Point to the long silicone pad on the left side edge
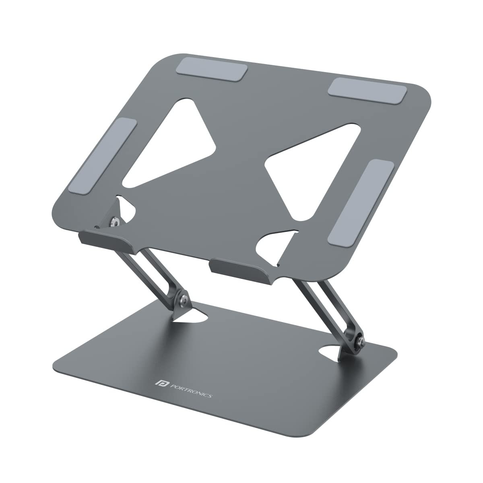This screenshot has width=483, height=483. pyautogui.click(x=103, y=155)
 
